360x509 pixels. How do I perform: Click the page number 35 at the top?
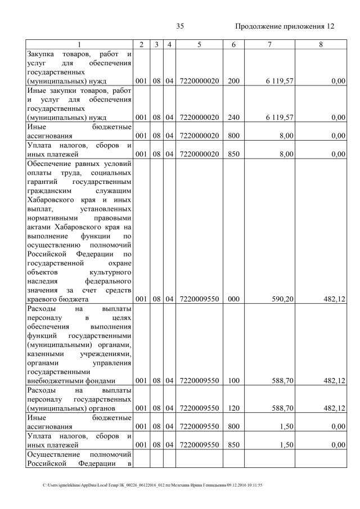pos(180,26)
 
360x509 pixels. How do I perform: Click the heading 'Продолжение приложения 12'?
pos(285,26)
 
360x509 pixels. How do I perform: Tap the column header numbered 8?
pos(321,44)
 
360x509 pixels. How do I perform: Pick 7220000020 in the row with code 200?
pos(199,82)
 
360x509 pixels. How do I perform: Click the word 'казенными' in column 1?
pos(45,354)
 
